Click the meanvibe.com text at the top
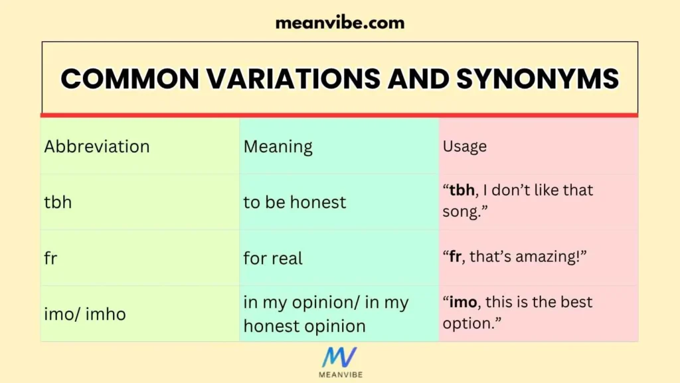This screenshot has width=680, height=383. pyautogui.click(x=339, y=23)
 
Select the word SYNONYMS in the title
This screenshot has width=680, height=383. pyautogui.click(x=537, y=79)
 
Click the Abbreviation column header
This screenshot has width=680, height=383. pyautogui.click(x=97, y=146)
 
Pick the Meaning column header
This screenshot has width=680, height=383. pyautogui.click(x=278, y=146)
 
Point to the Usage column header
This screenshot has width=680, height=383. pyautogui.click(x=465, y=146)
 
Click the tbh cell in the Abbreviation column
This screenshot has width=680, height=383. pyautogui.click(x=58, y=202)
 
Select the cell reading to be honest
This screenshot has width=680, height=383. pyautogui.click(x=295, y=202)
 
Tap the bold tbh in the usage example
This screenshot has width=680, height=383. pyautogui.click(x=463, y=190)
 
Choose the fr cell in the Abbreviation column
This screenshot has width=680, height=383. pyautogui.click(x=50, y=258)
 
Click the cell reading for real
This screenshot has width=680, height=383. pyautogui.click(x=273, y=258)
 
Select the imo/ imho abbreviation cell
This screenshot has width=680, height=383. pyautogui.click(x=85, y=314)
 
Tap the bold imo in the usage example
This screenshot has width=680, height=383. pyautogui.click(x=464, y=303)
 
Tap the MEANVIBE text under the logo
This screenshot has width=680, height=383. pyautogui.click(x=339, y=374)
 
